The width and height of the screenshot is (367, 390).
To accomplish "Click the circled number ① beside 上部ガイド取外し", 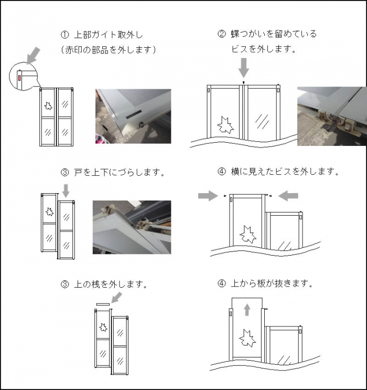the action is click(64, 35).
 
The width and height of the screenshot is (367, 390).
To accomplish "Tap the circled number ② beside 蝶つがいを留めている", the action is click(222, 34).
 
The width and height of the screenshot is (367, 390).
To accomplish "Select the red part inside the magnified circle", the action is click(19, 77).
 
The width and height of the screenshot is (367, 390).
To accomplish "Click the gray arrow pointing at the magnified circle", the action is click(33, 55).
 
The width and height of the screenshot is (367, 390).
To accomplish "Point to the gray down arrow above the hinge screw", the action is click(244, 68).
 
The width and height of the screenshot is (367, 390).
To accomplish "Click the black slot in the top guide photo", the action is click(134, 114).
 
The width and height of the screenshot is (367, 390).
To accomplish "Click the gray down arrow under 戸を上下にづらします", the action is click(66, 191).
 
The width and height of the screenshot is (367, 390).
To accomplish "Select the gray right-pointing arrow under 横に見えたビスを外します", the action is click(208, 196).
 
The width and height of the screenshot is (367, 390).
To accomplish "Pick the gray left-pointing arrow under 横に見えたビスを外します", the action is click(288, 196).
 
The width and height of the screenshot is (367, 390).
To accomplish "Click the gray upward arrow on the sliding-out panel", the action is click(247, 310).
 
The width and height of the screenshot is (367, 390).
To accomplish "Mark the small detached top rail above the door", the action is click(103, 304).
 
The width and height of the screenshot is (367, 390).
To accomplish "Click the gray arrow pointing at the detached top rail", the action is click(116, 298).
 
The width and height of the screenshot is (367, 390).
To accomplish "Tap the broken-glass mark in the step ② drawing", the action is click(225, 125).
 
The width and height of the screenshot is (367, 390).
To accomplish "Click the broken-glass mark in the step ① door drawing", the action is click(48, 106).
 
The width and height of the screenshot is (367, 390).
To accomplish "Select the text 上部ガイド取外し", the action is click(109, 35).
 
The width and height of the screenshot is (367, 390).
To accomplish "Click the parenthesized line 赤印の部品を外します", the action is click(109, 50).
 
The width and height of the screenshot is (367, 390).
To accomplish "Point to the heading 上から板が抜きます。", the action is click(272, 283).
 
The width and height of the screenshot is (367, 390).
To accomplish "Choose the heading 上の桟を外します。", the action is click(110, 284).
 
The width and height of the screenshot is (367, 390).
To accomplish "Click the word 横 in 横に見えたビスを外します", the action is click(235, 172).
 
